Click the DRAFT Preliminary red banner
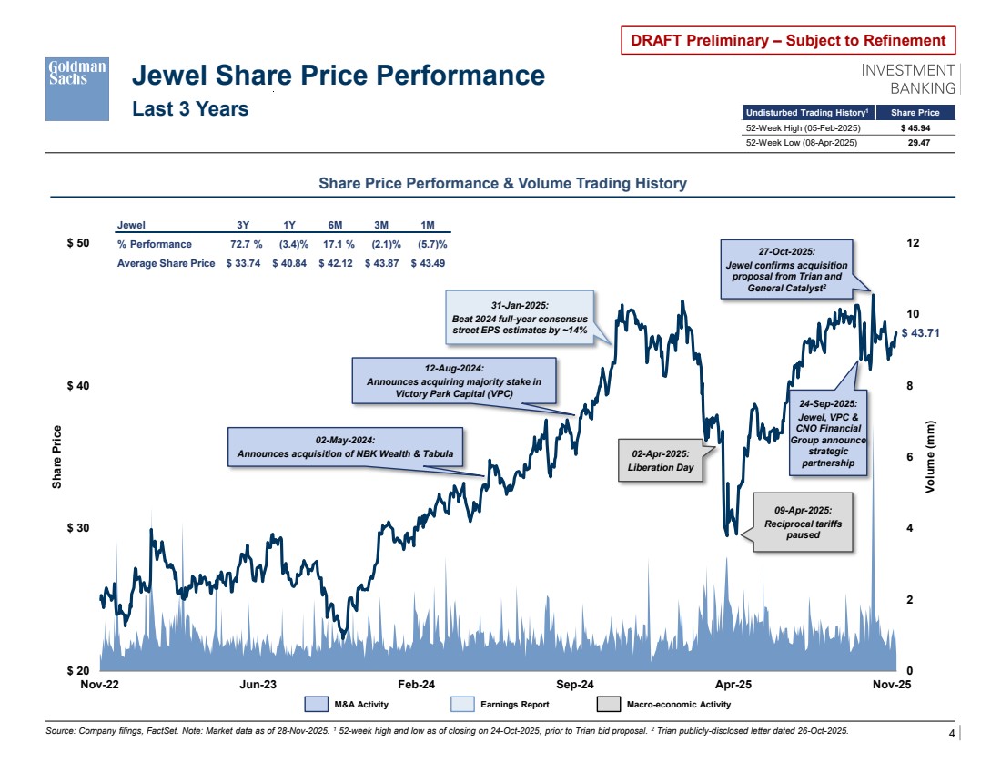788,40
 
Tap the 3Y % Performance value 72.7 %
246,244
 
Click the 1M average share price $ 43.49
429,263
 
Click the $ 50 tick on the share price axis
79,244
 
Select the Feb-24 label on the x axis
416,684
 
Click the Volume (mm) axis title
930,457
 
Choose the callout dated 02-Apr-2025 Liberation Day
661,460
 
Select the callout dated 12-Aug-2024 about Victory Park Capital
453,381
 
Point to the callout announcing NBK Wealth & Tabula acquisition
345,447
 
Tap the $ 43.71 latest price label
919,333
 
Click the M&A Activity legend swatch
316,704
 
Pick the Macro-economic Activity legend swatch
608,704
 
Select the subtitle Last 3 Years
190,109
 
